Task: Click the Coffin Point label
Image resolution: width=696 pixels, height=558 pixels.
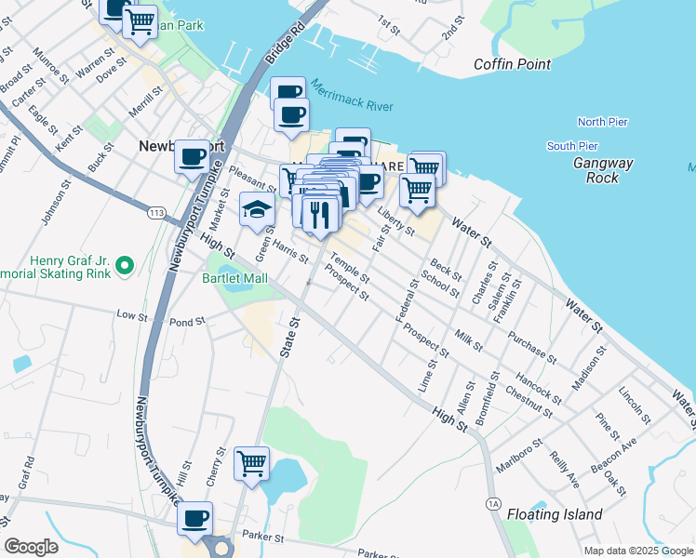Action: [x=512, y=64]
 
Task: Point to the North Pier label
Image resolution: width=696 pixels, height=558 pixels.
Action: [x=602, y=122]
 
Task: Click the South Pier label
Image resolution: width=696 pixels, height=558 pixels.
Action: [x=572, y=146]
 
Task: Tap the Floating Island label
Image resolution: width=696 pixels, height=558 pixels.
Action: [x=555, y=514]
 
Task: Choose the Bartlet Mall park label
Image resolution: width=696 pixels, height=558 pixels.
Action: [x=234, y=278]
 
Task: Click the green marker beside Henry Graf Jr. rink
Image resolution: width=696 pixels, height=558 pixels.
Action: [x=125, y=268]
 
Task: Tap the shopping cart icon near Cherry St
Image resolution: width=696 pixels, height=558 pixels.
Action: [x=251, y=461]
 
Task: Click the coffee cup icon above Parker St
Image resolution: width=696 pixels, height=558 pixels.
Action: [x=194, y=518]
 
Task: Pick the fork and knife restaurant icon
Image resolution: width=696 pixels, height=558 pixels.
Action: [x=319, y=213]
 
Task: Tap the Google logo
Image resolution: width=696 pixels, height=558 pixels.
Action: [x=31, y=547]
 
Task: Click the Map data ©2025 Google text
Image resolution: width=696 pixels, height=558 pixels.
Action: [x=637, y=551]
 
